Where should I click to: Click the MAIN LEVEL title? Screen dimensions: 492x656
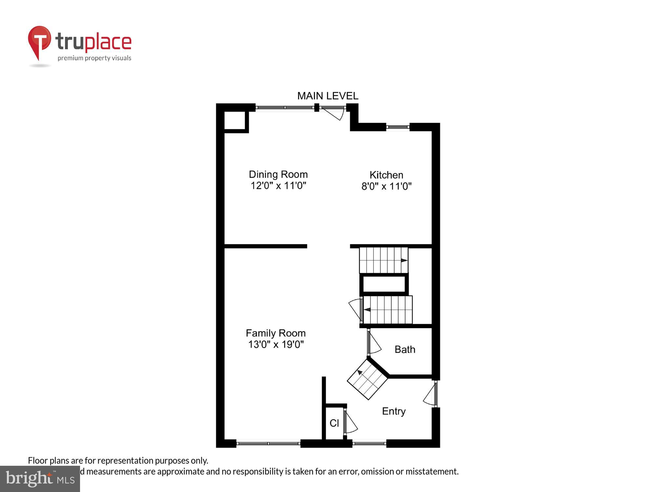[x=328, y=96]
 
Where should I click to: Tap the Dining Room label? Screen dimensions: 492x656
[x=278, y=174]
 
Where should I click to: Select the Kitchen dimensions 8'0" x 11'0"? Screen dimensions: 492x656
[x=386, y=186]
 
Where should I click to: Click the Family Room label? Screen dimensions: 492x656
[x=276, y=333]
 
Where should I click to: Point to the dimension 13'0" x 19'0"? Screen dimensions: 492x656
[x=276, y=344]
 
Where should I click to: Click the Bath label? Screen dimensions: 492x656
[x=405, y=349]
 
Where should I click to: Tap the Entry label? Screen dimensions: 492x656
[x=394, y=411]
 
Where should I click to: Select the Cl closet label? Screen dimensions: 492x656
[x=334, y=423]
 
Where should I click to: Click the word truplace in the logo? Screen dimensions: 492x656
[x=93, y=42]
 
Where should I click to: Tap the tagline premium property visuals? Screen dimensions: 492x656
[x=94, y=58]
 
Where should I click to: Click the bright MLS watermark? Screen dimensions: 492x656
[x=40, y=479]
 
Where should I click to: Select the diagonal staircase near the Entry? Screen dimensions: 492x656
[x=367, y=379]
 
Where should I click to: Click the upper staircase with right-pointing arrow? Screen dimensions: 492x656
[x=383, y=260]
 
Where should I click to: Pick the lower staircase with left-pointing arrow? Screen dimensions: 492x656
[x=387, y=310]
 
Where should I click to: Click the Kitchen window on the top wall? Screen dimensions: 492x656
[x=398, y=127]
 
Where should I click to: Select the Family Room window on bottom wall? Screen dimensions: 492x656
[x=268, y=443]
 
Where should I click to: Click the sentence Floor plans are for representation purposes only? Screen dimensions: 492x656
[x=118, y=461]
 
